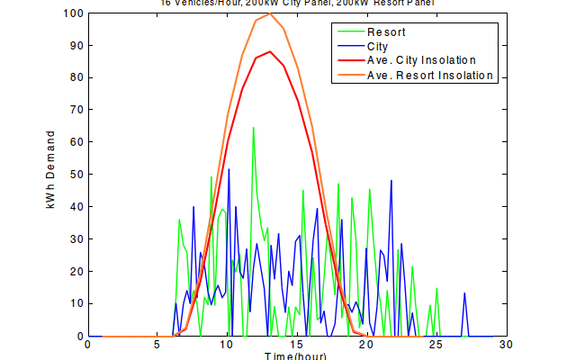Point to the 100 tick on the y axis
74,13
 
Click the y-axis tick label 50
76,175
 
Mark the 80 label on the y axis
76,77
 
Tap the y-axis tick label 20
76,272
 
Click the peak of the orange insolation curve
270,13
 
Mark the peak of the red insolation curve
269,51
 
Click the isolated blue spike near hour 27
464,293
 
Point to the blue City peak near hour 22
391,181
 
